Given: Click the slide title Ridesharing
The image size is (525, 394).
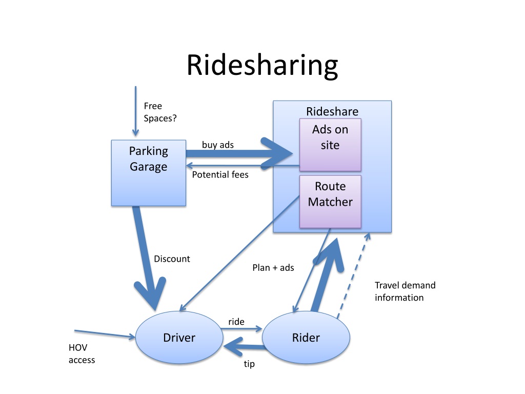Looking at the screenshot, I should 262,65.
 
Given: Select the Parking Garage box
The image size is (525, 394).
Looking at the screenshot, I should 148,173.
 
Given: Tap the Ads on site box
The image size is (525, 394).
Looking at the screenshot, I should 330,144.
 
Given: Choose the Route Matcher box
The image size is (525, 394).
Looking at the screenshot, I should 330,201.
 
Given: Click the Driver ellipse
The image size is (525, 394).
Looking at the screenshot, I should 179,338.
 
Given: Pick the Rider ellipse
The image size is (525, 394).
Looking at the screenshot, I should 306,338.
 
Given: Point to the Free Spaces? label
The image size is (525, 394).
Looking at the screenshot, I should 160,112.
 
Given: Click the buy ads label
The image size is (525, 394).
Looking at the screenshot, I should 217,145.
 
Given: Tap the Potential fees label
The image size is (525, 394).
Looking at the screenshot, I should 220,174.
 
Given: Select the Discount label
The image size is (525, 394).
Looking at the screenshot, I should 172,259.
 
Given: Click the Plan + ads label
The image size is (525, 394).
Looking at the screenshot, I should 273,267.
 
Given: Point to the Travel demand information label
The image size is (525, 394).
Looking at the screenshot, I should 405,291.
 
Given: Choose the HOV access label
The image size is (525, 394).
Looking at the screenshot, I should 82,353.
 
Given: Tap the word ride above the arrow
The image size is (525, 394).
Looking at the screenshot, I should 236,322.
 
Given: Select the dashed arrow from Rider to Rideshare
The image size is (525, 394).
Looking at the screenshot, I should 353,274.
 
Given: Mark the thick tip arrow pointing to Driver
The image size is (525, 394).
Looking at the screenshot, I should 244,349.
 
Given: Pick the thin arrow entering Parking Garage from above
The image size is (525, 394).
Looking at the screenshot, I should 136,110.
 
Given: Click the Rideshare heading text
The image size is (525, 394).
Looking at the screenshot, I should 332,111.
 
